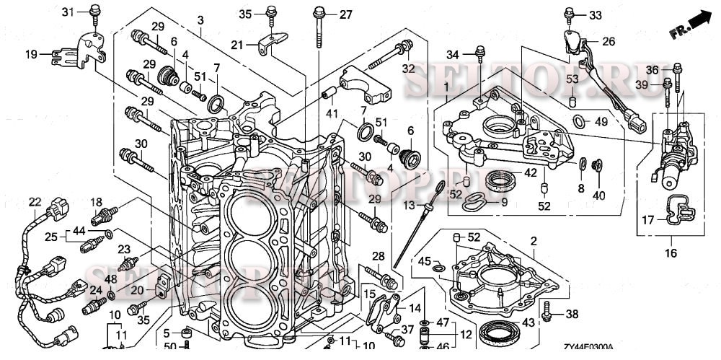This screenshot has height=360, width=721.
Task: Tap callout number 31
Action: pyautogui.click(x=68, y=12)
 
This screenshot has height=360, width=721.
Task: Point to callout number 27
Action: pyautogui.click(x=345, y=14)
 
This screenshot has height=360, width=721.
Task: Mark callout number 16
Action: pyautogui.click(x=671, y=253)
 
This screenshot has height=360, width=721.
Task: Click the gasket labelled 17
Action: pyautogui.click(x=678, y=210)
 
